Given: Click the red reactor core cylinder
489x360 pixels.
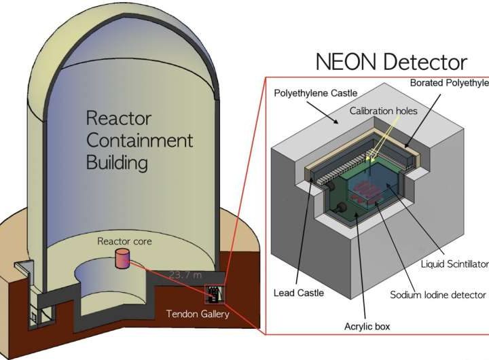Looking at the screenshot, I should click(x=122, y=257).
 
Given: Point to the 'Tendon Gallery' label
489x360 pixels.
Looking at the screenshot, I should click(x=197, y=313).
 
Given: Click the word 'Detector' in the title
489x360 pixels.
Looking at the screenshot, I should click(x=427, y=62).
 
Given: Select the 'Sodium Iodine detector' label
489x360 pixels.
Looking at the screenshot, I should click(x=437, y=295).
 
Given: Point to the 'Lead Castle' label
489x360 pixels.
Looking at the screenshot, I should click(x=300, y=293).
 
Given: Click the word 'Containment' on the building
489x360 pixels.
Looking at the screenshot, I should click(x=139, y=141).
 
